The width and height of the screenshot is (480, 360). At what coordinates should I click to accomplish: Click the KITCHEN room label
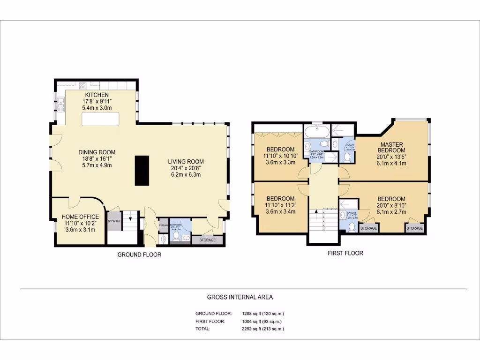coord(97,95)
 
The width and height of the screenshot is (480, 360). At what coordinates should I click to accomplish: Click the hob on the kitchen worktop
coord(83,85)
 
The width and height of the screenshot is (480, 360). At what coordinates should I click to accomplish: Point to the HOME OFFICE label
coord(80,217)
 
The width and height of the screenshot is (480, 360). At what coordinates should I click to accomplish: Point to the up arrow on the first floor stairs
coord(317,211)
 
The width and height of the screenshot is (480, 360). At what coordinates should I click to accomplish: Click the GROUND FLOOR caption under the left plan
coord(139,255)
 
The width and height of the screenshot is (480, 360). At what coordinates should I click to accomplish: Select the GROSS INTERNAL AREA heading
coord(240,297)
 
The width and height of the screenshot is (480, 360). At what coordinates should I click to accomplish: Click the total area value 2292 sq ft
coord(262,329)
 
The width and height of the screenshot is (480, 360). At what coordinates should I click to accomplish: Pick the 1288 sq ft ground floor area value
coord(262,314)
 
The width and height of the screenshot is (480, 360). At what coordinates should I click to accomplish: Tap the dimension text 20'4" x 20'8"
coord(186,168)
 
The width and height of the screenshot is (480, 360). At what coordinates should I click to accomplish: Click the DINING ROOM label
coord(97,152)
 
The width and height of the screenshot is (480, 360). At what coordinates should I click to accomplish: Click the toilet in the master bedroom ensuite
coord(347,158)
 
